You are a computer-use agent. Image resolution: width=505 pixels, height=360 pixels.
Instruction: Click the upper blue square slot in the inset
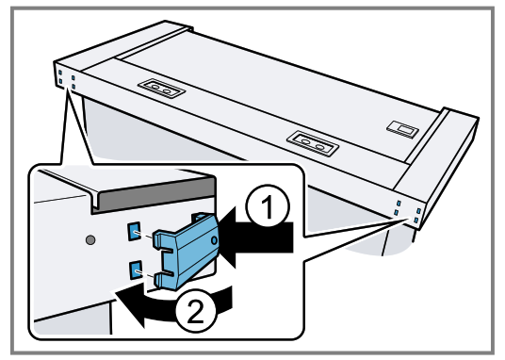[136, 231]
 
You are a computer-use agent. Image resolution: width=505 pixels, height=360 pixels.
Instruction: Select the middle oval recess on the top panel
[310, 141]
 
